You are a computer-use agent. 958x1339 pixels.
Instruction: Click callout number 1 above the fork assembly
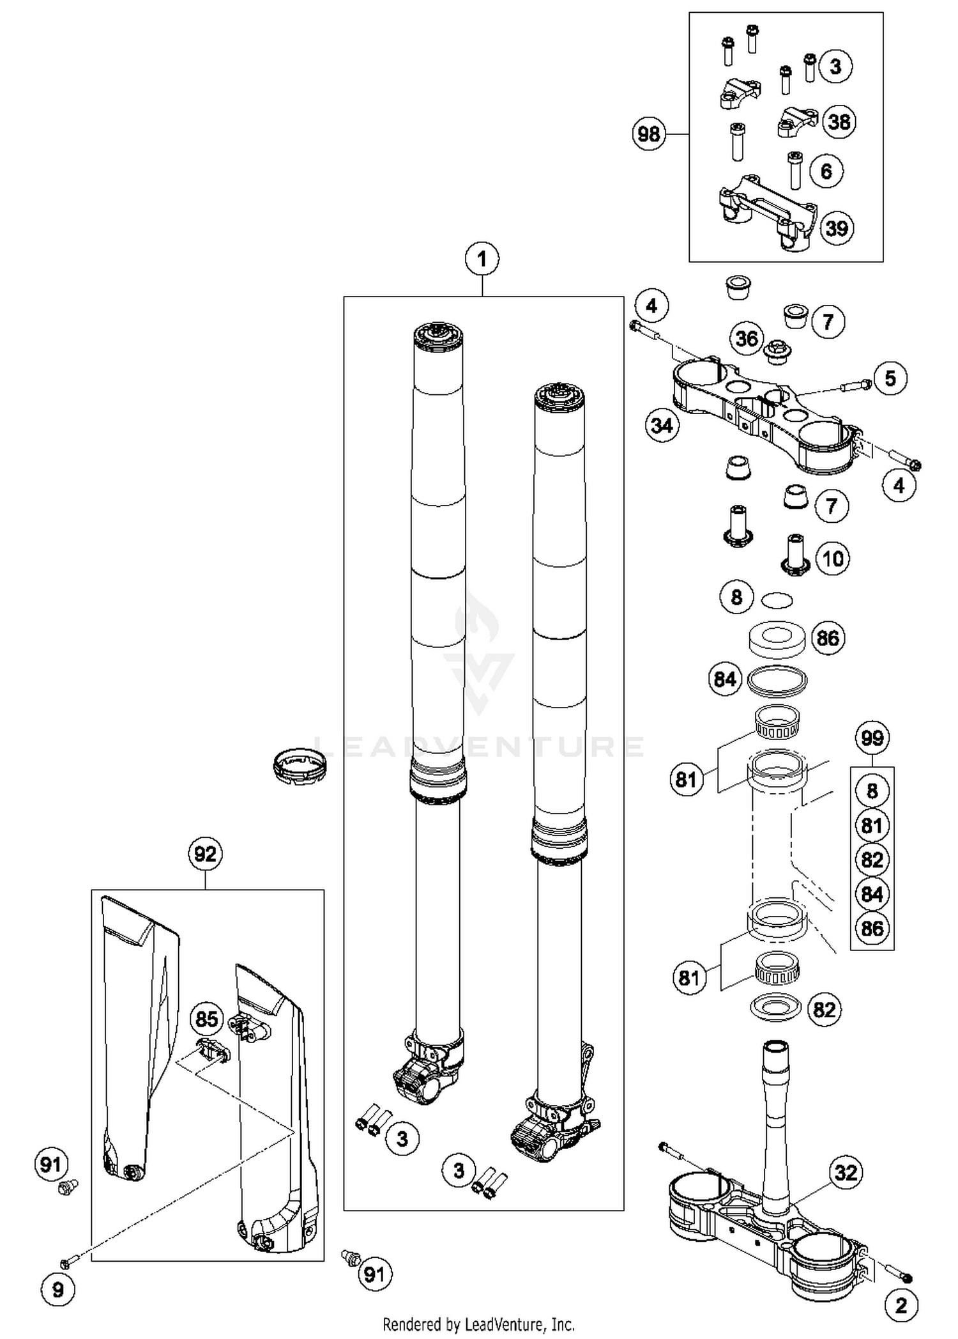482,259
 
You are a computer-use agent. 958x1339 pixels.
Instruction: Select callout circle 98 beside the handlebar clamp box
649,134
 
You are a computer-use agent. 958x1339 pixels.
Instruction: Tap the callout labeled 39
837,228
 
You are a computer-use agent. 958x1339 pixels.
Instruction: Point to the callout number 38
839,121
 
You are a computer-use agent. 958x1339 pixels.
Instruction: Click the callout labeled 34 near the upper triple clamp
662,425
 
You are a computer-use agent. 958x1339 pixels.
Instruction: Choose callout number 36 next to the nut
747,338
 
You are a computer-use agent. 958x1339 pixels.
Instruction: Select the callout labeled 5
890,378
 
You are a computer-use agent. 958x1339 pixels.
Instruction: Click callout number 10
833,559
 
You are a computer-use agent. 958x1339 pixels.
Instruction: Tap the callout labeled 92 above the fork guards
205,854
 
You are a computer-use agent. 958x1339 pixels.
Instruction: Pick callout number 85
207,1019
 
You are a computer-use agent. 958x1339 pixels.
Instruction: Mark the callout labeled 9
58,1290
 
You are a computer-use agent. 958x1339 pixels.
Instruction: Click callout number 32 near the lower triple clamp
846,1173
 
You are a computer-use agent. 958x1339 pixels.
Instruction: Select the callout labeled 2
901,1305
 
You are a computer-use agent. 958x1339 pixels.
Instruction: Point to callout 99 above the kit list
872,738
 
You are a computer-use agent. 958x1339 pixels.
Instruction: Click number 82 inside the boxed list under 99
872,860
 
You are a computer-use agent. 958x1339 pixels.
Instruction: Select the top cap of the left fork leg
437,334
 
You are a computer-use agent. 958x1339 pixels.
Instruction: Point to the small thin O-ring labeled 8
777,600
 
